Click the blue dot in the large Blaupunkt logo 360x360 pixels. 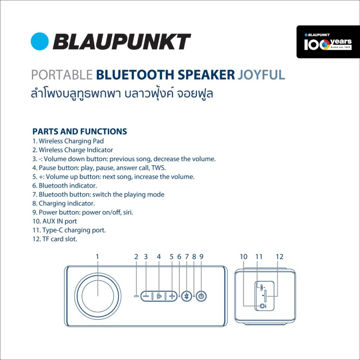coord(40,41)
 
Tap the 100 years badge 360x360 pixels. coord(328,42)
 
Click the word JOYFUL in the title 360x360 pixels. coord(261,75)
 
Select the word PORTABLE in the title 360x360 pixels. coord(62,75)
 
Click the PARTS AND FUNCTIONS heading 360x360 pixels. coord(80,131)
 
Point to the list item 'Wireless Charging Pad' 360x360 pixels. coord(71,141)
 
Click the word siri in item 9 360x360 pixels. coord(128,212)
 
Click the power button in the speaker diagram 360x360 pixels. coord(201,296)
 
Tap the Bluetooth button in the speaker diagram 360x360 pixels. coord(187,296)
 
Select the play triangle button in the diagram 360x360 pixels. coord(159,296)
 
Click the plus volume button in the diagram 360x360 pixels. coord(172,296)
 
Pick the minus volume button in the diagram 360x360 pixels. coord(146,296)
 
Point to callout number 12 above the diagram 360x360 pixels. coord(279,256)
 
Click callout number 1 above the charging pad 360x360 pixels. coord(97,256)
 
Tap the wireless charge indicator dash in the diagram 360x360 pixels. coord(136,296)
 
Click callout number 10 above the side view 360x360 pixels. coord(244,256)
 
